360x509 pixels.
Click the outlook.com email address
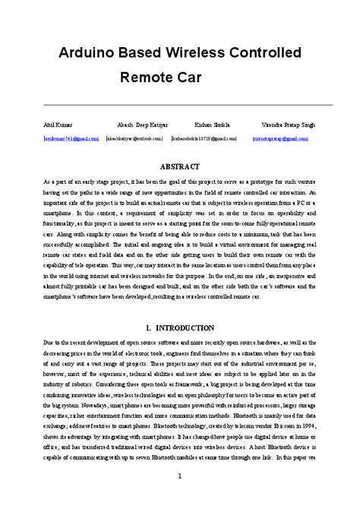point(134,139)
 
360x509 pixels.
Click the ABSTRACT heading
point(180,166)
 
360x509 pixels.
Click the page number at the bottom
point(180,476)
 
